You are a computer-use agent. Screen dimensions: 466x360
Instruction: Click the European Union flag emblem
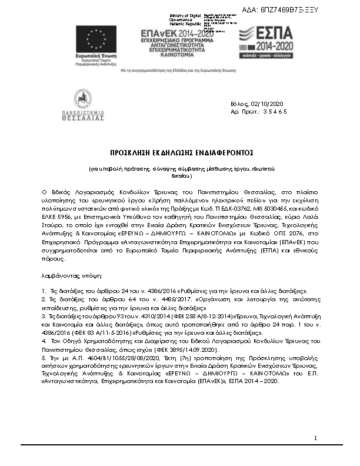point(95,39)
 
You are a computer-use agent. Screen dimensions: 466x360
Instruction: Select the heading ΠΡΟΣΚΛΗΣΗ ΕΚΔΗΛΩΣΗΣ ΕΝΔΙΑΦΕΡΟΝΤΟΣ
point(181,151)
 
